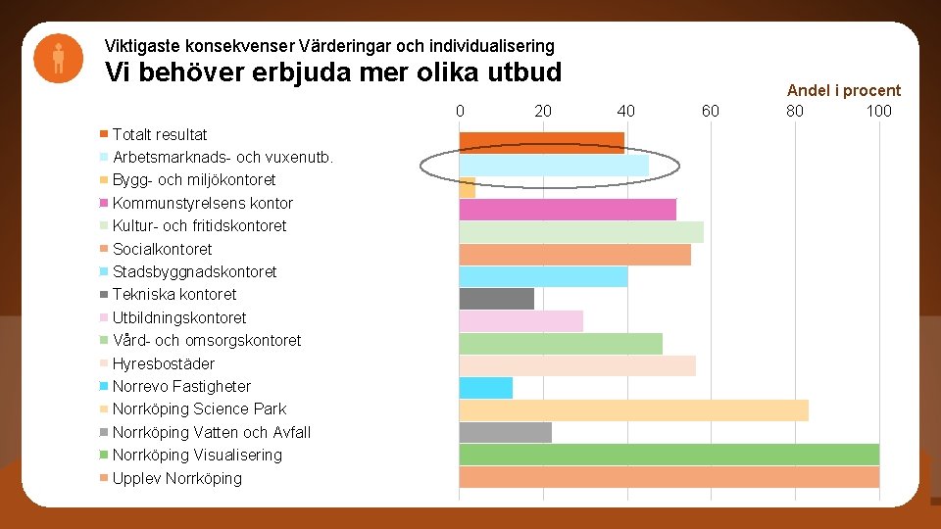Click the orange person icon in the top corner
pos(59,58)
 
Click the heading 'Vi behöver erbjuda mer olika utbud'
pos(333,72)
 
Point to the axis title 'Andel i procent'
pos(843,90)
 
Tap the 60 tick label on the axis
pos(710,111)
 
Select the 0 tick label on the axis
pos(460,111)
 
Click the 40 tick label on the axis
pos(626,111)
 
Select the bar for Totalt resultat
pos(541,143)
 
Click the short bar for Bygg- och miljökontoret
pos(468,188)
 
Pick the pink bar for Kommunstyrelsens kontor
pos(568,210)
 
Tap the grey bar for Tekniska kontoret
pos(497,299)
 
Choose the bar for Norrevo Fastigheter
pos(486,388)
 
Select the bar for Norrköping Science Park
pos(633,410)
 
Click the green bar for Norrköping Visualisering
pos(669,455)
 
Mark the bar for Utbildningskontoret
pos(521,321)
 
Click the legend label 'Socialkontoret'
pos(162,249)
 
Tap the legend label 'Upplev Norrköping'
pos(176,478)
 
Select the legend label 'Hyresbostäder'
pos(163,363)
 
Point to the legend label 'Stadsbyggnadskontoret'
pos(194,271)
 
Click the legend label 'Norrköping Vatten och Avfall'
pos(211,432)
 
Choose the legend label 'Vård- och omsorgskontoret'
pos(206,340)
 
